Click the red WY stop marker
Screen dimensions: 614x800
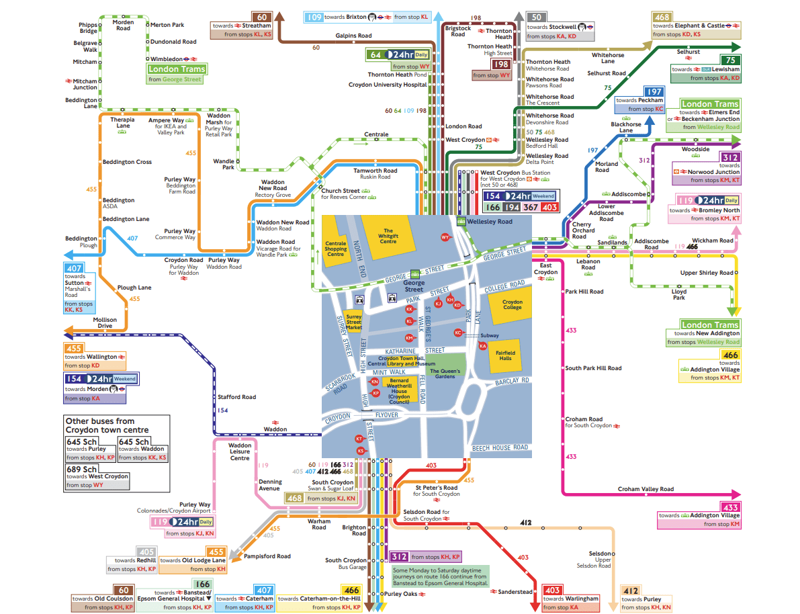[x=445, y=237]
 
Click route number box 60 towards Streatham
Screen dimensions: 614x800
[x=262, y=17]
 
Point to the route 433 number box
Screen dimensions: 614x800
[x=730, y=507]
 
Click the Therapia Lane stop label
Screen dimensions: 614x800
[x=123, y=123]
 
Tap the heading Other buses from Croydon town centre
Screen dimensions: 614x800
[x=107, y=425]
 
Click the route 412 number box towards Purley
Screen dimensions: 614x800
[x=630, y=590]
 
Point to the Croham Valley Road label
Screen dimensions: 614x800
[x=646, y=489]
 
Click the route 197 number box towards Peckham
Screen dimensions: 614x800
[x=654, y=91]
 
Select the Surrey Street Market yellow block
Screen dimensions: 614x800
[x=353, y=322]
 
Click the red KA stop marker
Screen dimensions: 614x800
[x=482, y=345]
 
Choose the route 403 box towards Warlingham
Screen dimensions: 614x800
[x=552, y=590]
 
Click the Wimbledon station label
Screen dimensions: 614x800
[x=165, y=58]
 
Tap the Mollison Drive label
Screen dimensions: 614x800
[x=104, y=323]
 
